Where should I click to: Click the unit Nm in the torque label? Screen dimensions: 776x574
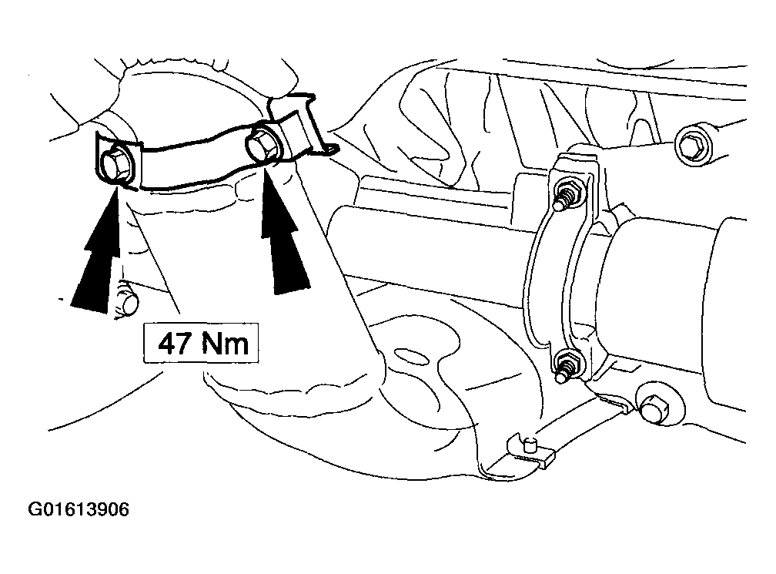pos(225,343)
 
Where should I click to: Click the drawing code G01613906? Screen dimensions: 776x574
pos(79,509)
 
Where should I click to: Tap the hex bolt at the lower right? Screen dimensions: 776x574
pos(654,408)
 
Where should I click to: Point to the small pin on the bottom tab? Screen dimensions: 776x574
pos(530,444)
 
